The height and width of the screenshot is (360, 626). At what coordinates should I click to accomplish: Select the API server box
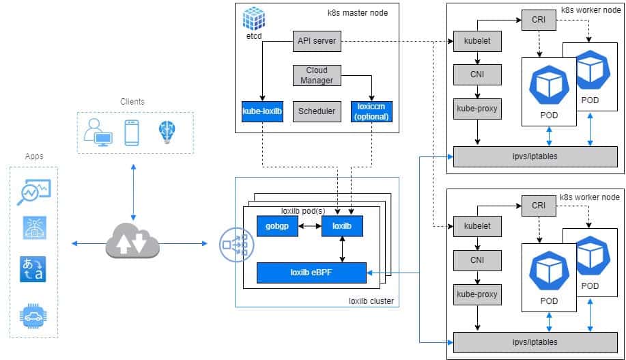(x=316, y=41)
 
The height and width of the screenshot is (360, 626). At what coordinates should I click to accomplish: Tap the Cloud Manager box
(x=316, y=75)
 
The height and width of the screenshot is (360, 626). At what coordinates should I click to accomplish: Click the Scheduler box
(x=316, y=111)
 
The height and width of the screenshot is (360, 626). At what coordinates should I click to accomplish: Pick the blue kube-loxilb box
(x=262, y=111)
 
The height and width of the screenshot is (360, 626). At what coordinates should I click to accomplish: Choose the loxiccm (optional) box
(x=371, y=111)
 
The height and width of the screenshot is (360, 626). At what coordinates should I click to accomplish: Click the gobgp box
(x=278, y=226)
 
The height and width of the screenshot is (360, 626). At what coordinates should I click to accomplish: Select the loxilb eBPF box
(x=311, y=272)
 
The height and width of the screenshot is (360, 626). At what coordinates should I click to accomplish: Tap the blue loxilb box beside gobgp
(x=341, y=226)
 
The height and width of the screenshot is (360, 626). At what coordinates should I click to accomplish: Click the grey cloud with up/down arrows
(x=132, y=243)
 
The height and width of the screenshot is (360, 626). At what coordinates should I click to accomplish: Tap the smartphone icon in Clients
(x=132, y=132)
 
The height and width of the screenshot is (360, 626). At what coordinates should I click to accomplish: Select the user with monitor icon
(x=98, y=132)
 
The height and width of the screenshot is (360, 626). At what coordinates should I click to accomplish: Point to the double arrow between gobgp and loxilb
(x=310, y=226)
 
